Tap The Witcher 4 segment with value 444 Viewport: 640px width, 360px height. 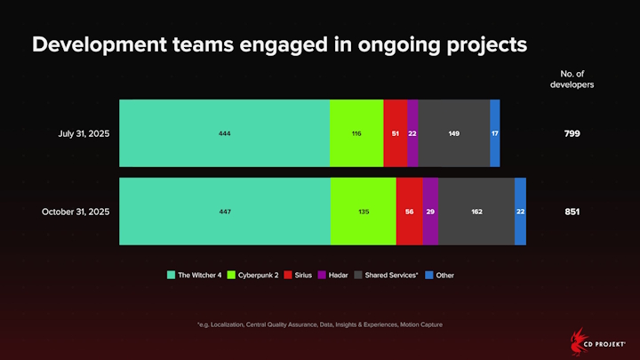[224, 133]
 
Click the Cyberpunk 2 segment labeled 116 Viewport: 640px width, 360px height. [356, 133]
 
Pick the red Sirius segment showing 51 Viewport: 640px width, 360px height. [395, 133]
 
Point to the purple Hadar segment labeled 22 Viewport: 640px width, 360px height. [412, 133]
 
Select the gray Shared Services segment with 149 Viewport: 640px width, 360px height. [453, 133]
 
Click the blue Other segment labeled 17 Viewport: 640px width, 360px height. [494, 133]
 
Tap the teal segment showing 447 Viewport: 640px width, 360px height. [225, 212]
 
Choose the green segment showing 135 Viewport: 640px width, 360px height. [364, 212]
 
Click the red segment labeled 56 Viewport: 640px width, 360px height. [410, 212]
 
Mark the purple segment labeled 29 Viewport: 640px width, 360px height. [430, 212]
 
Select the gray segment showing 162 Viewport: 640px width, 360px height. [476, 212]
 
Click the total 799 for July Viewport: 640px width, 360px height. [572, 133]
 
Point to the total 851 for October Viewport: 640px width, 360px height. [572, 212]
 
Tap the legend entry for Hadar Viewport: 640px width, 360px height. [332, 276]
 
